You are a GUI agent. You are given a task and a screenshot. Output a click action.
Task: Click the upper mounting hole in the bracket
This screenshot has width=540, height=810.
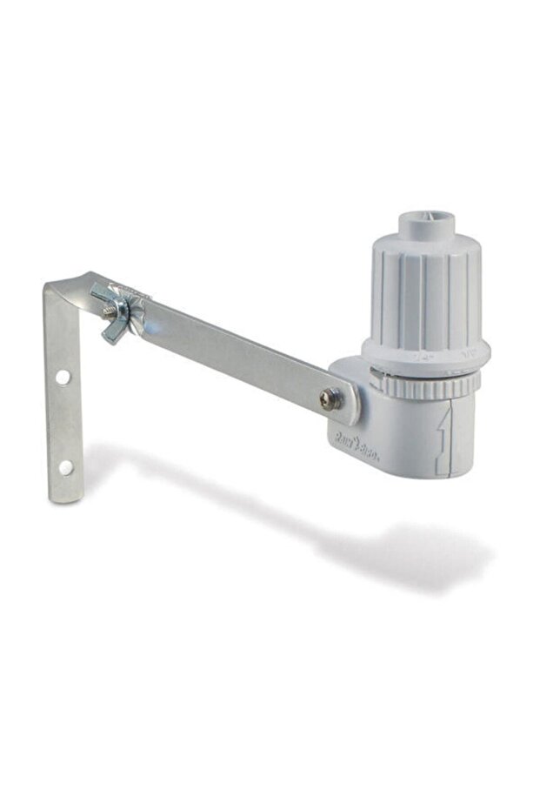(x=63, y=378)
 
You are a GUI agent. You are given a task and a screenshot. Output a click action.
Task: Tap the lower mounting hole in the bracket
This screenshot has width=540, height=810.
(x=65, y=467)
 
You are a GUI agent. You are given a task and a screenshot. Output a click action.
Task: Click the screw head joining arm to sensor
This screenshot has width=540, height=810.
(x=329, y=398)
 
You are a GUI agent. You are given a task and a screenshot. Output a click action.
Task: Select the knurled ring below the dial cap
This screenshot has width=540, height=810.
(x=426, y=384)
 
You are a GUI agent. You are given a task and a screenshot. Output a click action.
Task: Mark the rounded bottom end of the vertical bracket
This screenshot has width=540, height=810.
(x=67, y=496)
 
